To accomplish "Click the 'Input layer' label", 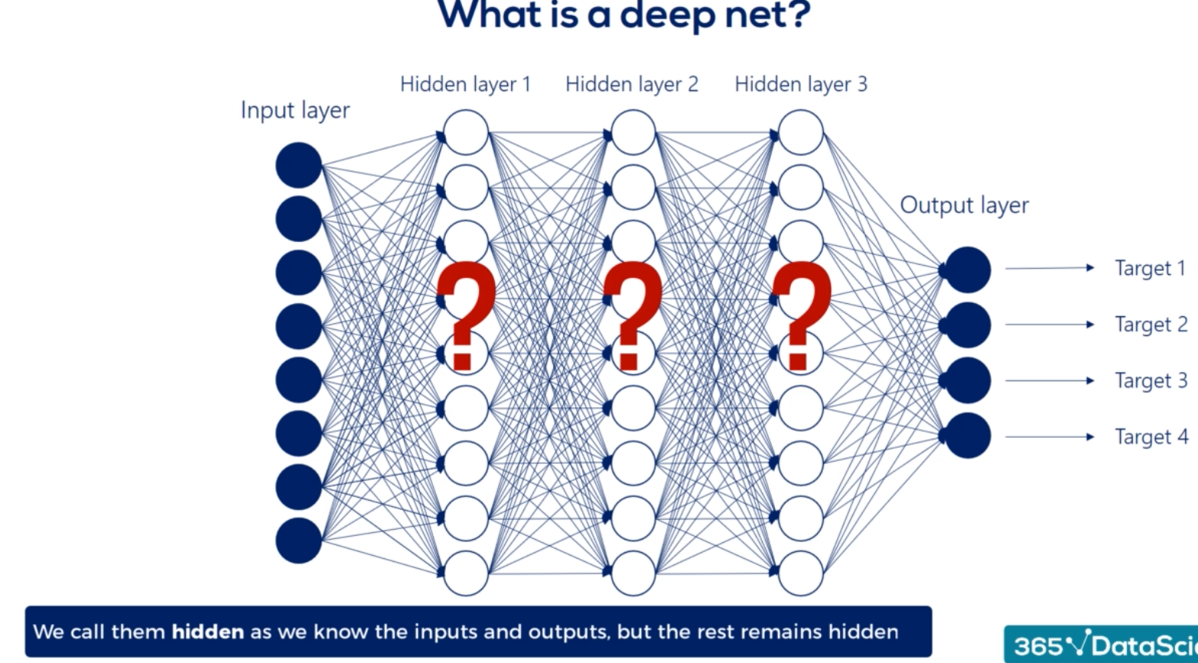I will pos(295,110).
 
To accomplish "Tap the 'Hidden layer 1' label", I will pos(465,84).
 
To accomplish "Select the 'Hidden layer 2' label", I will pos(632,84).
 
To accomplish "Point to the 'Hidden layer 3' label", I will pos(801,84).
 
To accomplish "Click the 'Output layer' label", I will pos(964,205).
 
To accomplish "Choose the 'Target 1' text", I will pos(1150,268).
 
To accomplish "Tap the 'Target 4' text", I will pos(1151,437).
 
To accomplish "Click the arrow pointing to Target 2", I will pos(1050,325).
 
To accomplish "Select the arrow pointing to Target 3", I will pos(1050,380).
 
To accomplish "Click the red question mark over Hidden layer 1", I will pos(464,315).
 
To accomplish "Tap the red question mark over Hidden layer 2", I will pos(632,315).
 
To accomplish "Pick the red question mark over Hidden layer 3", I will pos(800,315).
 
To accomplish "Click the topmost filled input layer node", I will pos(298,165).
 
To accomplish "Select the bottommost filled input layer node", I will pos(298,541).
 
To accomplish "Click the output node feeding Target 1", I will pos(968,269).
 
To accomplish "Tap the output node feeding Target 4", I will pos(968,436).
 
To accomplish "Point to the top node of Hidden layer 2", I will pos(633,132).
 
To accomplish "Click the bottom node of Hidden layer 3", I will pos(801,573).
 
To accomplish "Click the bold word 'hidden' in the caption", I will pos(207,632).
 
